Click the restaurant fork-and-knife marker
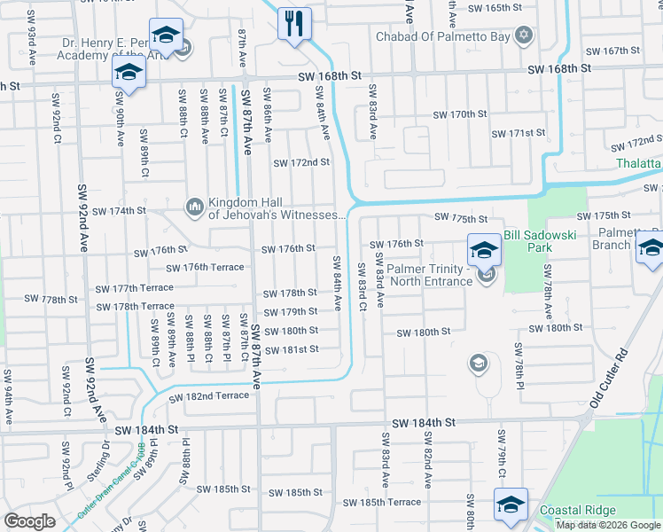294,22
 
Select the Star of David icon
524,35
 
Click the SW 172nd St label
301,163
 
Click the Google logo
30,521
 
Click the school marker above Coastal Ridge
511,505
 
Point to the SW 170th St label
460,115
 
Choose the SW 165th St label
495,7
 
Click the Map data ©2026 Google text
608,525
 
